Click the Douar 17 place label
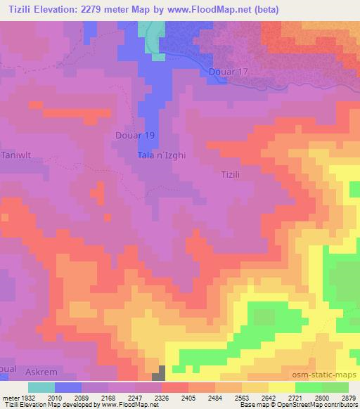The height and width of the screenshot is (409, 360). click(229, 72)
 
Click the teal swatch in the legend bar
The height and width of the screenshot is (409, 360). click(41, 387)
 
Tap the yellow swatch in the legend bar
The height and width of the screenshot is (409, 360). click(281, 387)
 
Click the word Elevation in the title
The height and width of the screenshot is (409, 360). click(71, 10)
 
